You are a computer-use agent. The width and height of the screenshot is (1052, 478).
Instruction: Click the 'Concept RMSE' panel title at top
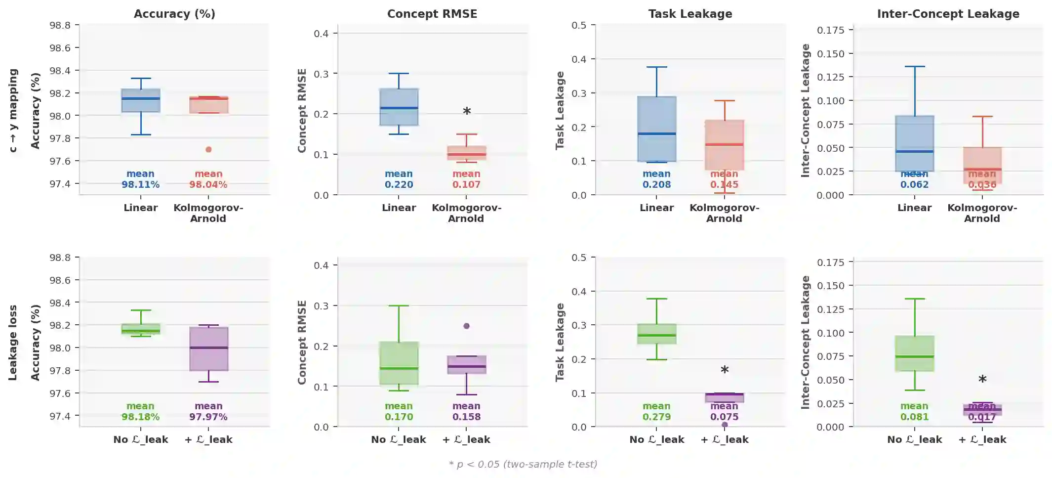[x=432, y=14]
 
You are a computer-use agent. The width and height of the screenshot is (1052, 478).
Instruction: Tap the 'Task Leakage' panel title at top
[x=690, y=14]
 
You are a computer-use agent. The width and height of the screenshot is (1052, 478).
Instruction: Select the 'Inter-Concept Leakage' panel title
[x=948, y=14]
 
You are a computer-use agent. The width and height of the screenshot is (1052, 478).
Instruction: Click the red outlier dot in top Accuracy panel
[x=208, y=149]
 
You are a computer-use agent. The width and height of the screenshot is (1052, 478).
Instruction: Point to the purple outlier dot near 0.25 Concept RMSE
[x=466, y=326]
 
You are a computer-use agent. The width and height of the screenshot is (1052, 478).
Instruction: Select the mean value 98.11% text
[x=140, y=185]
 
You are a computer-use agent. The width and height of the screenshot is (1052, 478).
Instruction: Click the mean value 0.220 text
[x=399, y=185]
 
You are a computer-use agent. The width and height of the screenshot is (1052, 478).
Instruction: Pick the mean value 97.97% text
[x=208, y=417]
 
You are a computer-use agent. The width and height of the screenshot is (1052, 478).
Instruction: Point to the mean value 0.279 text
[x=656, y=417]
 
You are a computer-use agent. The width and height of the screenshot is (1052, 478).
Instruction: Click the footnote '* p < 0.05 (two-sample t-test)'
[x=523, y=464]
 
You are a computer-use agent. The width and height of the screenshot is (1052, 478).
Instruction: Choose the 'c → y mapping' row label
[x=13, y=110]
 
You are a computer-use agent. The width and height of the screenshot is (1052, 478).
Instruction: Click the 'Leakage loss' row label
[x=13, y=343]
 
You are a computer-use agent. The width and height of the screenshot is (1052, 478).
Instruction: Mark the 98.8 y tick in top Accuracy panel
[x=60, y=25]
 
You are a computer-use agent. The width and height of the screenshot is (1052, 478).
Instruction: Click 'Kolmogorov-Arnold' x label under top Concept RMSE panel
[x=466, y=213]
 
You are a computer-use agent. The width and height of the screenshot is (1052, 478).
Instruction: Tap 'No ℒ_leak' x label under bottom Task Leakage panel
[x=656, y=439]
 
